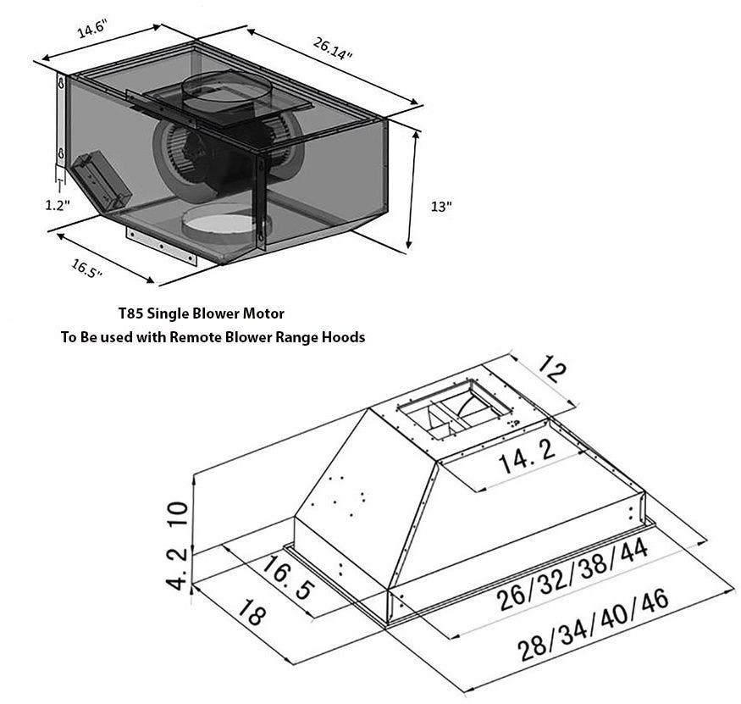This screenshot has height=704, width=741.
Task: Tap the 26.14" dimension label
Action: point(333,48)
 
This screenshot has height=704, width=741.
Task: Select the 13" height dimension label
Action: point(441,207)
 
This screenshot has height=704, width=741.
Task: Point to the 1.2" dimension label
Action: point(58,205)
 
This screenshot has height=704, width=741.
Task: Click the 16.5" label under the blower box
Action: point(86,269)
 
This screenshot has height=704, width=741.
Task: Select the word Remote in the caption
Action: point(194,337)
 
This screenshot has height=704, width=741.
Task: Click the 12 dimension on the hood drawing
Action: point(551,369)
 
